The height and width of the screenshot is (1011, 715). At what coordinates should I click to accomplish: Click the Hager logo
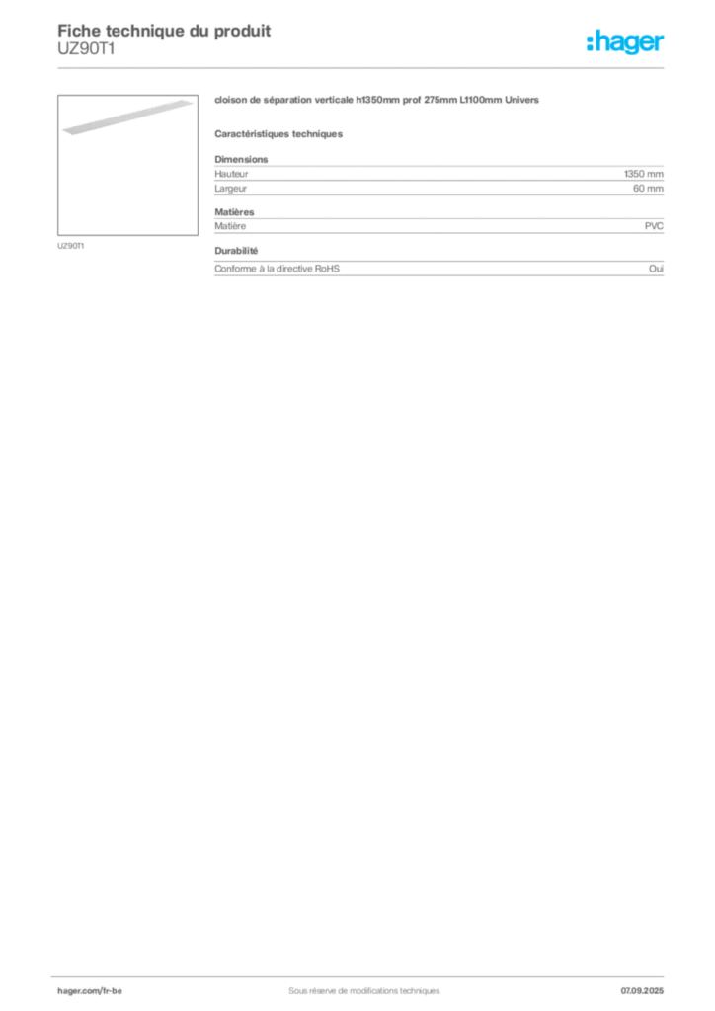[625, 41]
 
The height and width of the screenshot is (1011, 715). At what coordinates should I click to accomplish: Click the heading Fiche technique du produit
[164, 31]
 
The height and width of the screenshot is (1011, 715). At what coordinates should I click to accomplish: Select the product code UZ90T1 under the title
[86, 49]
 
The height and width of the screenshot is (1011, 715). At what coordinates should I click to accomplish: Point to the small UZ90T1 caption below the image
[71, 246]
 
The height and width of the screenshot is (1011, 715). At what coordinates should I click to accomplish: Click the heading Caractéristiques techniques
[278, 134]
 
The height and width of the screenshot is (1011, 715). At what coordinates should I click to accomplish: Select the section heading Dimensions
[241, 159]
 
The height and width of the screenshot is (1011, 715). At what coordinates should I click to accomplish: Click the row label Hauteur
[231, 174]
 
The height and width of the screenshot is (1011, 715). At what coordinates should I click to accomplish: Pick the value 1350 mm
[644, 174]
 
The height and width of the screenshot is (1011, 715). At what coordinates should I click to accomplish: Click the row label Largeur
[231, 189]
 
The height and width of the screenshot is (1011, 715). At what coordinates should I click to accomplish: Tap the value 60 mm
[648, 189]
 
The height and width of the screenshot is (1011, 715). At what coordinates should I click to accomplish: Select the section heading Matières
[235, 212]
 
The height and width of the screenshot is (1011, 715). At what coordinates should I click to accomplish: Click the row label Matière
[230, 226]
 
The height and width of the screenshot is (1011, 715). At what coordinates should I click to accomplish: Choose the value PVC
[654, 226]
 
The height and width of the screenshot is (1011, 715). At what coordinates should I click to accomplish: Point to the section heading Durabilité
[237, 251]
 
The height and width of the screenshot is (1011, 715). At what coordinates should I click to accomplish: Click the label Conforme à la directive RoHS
[278, 269]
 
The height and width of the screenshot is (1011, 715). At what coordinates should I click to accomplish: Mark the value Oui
[656, 269]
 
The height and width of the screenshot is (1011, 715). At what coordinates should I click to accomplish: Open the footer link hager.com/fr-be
[90, 991]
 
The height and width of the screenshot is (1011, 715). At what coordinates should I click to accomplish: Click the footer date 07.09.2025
[642, 991]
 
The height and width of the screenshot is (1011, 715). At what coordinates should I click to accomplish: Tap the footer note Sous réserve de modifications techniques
[364, 991]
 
